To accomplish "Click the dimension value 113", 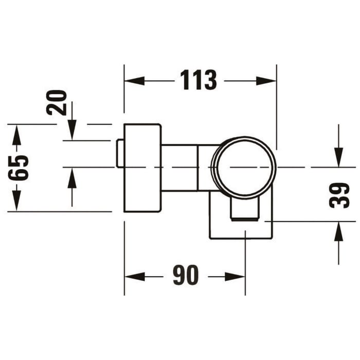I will (x=199, y=80).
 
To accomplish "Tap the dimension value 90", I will (x=185, y=276).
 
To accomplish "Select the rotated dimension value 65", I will (x=20, y=167).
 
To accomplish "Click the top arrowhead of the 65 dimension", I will (x=16, y=134).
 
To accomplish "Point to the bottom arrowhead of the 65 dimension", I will (x=16, y=201).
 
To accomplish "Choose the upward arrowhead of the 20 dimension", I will (x=71, y=177).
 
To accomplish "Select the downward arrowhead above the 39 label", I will (x=338, y=157).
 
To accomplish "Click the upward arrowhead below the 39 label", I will (x=338, y=232).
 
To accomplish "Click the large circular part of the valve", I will (x=244, y=167).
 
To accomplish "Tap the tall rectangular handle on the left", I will (x=142, y=168).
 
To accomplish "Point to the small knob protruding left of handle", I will (x=120, y=153).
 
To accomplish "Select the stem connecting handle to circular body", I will (x=180, y=168).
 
